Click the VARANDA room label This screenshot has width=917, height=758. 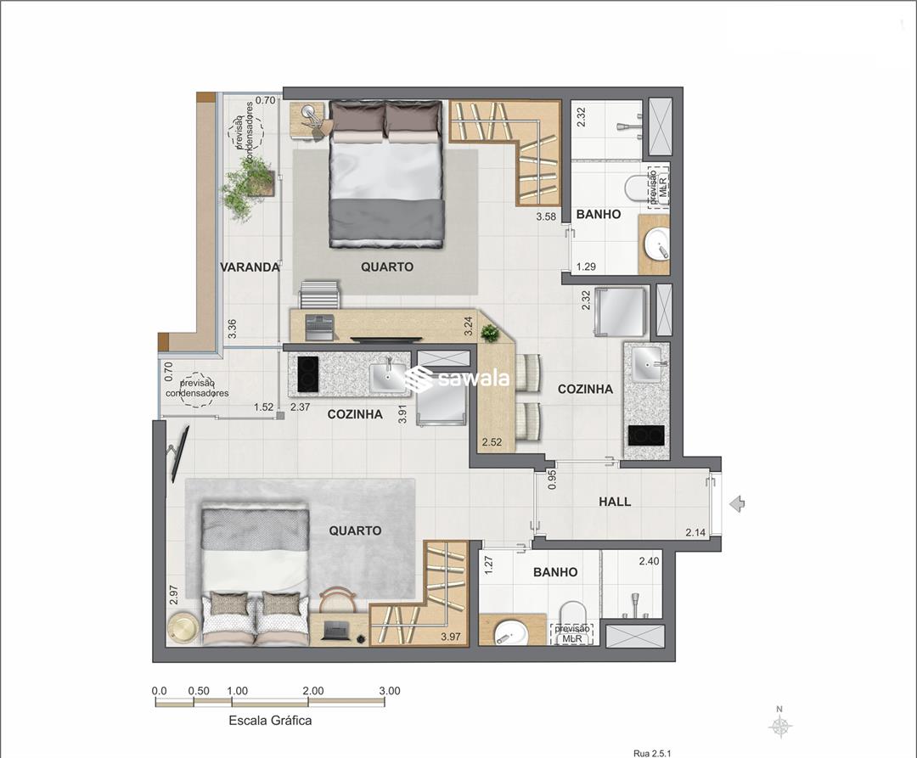click(x=250, y=267)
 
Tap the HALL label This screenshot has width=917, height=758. click(x=615, y=502)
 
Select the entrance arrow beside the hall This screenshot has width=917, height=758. click(x=738, y=503)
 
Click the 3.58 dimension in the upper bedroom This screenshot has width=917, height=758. click(x=546, y=216)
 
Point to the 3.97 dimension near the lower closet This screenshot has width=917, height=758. click(x=451, y=637)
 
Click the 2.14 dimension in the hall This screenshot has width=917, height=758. click(x=695, y=532)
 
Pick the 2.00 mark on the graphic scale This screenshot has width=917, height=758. click(x=313, y=691)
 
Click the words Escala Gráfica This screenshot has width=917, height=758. click(x=270, y=721)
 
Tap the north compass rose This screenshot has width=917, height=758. click(x=779, y=725)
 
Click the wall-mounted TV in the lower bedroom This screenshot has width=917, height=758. click(x=178, y=453)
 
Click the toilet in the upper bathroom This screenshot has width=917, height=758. click(x=636, y=188)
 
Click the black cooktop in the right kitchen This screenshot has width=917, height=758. click(x=646, y=435)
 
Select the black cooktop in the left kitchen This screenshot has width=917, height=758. click(x=307, y=374)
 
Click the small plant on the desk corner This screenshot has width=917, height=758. click(x=490, y=333)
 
